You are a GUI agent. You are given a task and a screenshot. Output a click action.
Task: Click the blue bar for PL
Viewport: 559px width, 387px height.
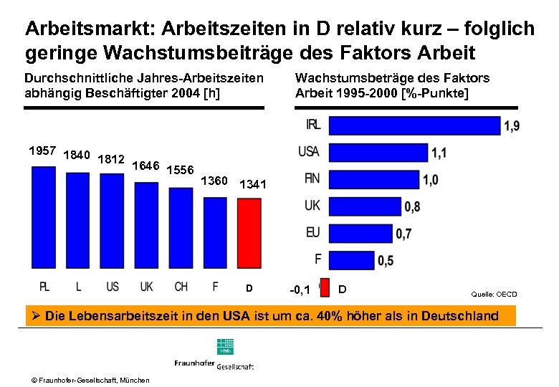pyautogui.click(x=44, y=219)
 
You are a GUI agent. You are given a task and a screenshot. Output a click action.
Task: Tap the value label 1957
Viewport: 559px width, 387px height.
pyautogui.click(x=42, y=151)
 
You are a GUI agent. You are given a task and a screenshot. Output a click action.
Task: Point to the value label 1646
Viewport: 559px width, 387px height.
pyautogui.click(x=146, y=166)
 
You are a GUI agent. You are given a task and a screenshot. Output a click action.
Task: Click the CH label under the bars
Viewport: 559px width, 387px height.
pyautogui.click(x=181, y=287)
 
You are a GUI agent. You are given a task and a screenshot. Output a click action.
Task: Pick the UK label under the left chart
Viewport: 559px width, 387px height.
pyautogui.click(x=146, y=287)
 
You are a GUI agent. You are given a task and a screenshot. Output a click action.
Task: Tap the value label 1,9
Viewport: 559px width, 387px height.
pyautogui.click(x=512, y=127)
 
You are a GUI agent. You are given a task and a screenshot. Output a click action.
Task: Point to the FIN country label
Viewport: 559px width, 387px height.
pyautogui.click(x=312, y=178)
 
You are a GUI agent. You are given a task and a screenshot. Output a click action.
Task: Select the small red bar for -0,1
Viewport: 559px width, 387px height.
pyautogui.click(x=324, y=287)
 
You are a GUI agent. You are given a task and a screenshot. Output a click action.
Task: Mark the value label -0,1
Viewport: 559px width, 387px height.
pyautogui.click(x=300, y=290)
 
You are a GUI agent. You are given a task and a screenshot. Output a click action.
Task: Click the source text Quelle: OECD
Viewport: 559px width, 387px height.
pyautogui.click(x=493, y=295)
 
